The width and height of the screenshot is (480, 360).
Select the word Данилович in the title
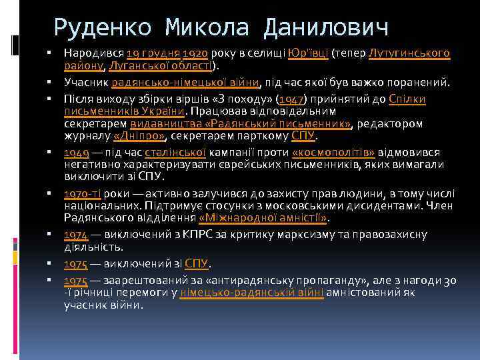(x=326, y=27)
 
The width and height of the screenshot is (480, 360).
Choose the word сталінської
(x=182, y=152)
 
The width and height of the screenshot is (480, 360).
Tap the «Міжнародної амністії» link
(x=264, y=217)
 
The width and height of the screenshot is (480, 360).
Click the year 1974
(x=76, y=235)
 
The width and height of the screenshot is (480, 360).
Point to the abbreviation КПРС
(x=197, y=235)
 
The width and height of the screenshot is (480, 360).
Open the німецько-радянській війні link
(x=252, y=293)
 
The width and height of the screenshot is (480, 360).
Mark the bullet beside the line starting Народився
(x=50, y=53)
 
